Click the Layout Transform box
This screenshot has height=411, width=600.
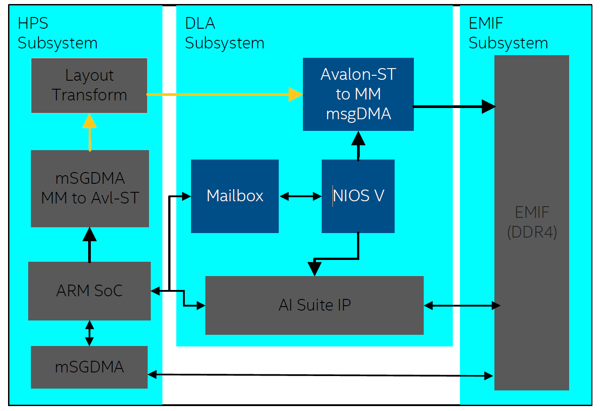[x=89, y=85]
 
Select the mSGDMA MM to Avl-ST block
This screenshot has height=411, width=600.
[x=89, y=188]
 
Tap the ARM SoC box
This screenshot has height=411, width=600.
[x=89, y=291]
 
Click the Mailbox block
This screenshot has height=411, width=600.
[x=234, y=196]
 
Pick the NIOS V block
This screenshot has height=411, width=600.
[x=358, y=196]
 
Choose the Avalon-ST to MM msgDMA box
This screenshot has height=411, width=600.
[x=358, y=94]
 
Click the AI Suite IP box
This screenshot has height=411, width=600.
[x=314, y=305]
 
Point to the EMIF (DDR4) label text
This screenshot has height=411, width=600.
[x=532, y=222]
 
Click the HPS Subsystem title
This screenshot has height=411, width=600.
[x=57, y=33]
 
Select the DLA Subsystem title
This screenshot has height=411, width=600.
[x=224, y=33]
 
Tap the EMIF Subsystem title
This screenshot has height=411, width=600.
[x=508, y=33]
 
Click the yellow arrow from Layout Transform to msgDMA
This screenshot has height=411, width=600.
[x=224, y=94]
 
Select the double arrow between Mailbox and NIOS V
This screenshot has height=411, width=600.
[x=300, y=196]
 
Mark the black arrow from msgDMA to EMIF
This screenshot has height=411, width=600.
[x=454, y=107]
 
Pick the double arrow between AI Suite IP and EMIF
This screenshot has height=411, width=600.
[x=462, y=306]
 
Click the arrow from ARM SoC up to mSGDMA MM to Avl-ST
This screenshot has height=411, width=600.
[x=89, y=245]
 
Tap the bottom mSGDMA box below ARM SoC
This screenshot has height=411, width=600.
[x=89, y=367]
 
